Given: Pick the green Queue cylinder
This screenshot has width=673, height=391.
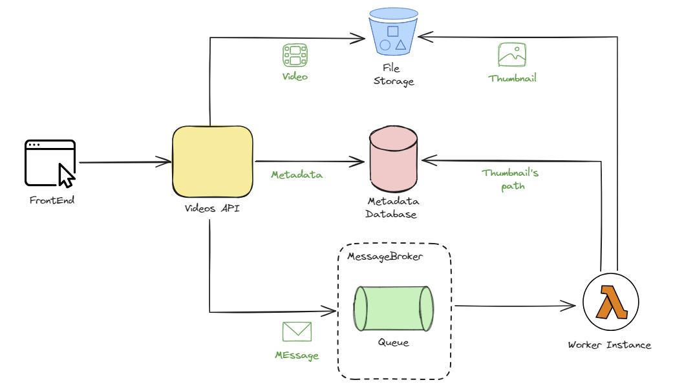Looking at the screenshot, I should tap(393, 308).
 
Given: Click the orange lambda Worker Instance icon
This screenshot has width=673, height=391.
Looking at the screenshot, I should tap(610, 302).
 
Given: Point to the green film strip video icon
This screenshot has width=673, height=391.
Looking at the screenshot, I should tap(295, 56).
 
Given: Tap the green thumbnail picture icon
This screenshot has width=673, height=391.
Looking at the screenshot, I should tap(512, 56).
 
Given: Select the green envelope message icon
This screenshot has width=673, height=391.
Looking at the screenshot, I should tap(297, 332).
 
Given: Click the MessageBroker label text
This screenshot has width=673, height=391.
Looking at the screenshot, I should tap(385, 257).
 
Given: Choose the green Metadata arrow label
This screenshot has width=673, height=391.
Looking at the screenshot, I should tap(296, 174).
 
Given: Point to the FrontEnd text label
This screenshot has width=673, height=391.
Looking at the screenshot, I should tap(52, 200).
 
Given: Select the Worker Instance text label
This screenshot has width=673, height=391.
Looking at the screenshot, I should tap(609, 344).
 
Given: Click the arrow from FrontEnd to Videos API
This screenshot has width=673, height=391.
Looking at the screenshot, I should tap(123, 163).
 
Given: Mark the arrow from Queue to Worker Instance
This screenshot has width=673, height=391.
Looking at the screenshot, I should tap(515, 304).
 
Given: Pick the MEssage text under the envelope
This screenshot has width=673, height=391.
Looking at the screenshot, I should tap(296, 355).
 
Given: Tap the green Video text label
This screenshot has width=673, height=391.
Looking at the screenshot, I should tap(295, 76).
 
